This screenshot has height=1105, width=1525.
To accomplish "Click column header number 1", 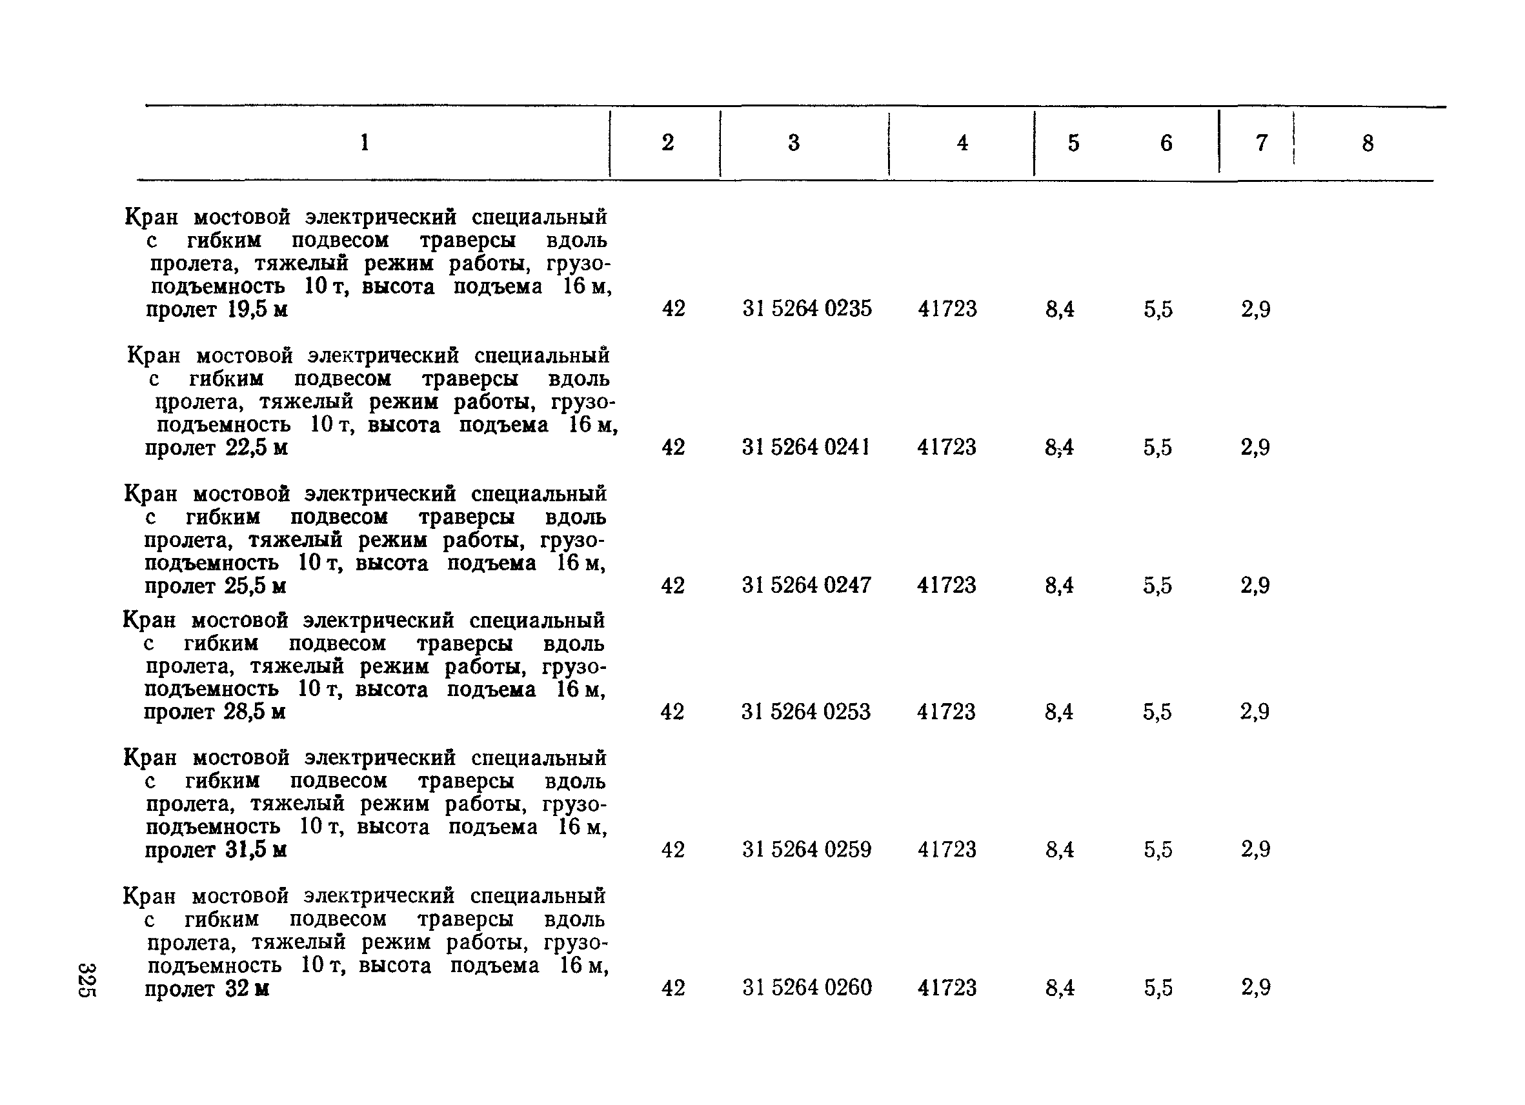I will [x=365, y=143].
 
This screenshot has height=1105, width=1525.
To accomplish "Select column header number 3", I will [x=793, y=143].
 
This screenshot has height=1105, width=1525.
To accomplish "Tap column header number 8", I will [x=1368, y=143].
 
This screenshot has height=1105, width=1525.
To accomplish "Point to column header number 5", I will [x=1073, y=143].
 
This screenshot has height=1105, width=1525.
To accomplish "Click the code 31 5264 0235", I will [x=807, y=308].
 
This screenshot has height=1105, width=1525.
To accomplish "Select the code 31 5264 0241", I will [x=805, y=447].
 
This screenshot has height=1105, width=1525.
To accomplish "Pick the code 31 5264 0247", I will [x=806, y=585].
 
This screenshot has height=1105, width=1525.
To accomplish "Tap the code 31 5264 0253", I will [x=805, y=711].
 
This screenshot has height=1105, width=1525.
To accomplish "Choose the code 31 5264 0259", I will [x=806, y=850].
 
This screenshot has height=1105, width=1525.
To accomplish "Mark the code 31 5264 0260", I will [x=807, y=988].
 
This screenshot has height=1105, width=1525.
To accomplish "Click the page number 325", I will [x=87, y=980].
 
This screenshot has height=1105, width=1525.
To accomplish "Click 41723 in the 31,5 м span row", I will [x=947, y=850].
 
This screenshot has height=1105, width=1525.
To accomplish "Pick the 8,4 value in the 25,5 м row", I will [x=1059, y=586].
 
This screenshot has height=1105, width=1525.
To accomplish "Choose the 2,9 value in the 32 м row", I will [x=1255, y=988].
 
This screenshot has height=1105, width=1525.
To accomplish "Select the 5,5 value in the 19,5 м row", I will [x=1157, y=309].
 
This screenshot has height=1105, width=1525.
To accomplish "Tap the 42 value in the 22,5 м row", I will [x=673, y=447].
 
